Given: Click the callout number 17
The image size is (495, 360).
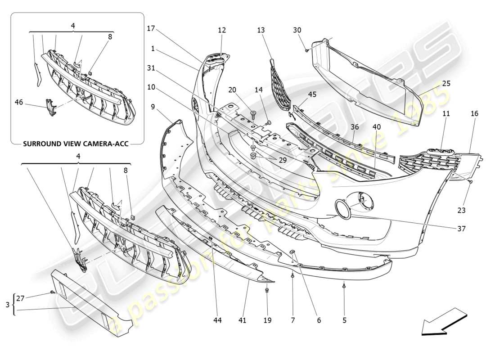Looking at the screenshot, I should coord(151,28).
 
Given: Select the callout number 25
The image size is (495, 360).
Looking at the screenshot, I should coord(445,83).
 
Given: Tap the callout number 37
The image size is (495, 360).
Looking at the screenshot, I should coord(461,229).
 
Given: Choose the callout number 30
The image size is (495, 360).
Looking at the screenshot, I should coord(297,30).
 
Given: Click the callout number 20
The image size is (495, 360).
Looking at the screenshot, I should coord(232,90).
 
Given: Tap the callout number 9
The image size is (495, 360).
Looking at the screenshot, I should coord(153,107).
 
